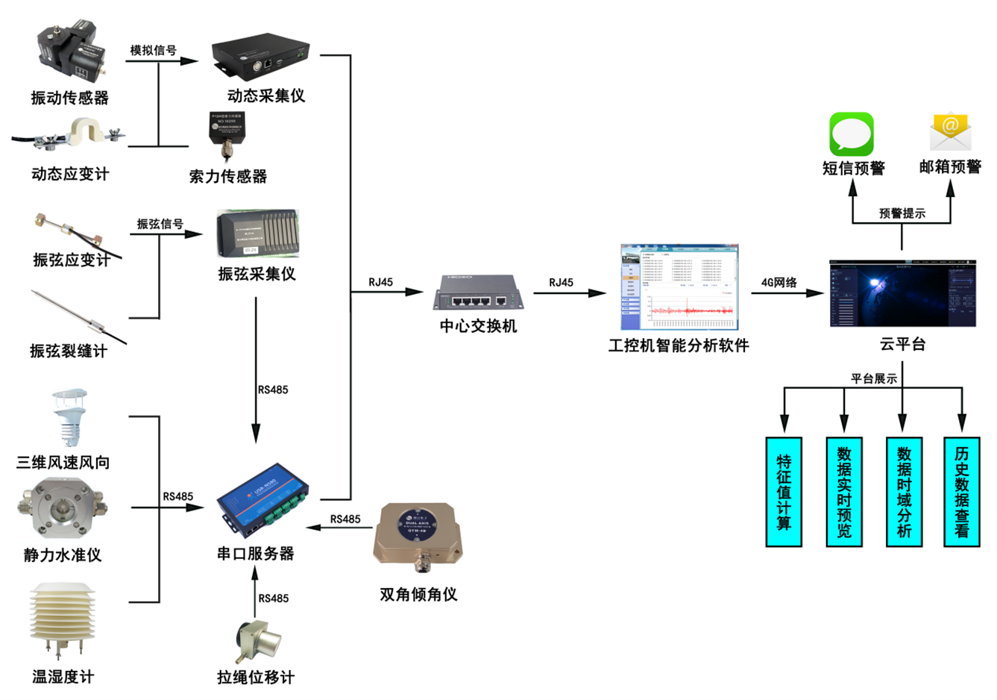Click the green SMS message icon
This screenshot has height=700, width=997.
(x=852, y=134)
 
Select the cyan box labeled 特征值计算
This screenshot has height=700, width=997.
(x=784, y=492)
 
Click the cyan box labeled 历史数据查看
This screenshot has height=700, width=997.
(x=962, y=492)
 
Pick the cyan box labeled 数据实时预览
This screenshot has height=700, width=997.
(x=844, y=492)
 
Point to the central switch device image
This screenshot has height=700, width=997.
(x=478, y=293)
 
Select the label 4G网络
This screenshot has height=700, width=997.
(x=779, y=282)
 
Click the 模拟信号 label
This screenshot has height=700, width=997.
(x=154, y=50)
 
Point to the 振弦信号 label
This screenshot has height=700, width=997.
(x=160, y=223)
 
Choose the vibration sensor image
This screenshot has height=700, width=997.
(x=69, y=56)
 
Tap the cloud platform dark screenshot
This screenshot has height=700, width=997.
(x=902, y=293)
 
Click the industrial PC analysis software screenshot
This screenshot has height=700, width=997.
(x=679, y=287)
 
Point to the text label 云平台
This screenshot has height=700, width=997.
(x=902, y=344)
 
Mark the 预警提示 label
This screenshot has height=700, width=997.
(x=902, y=213)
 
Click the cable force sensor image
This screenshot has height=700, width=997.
(x=227, y=137)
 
